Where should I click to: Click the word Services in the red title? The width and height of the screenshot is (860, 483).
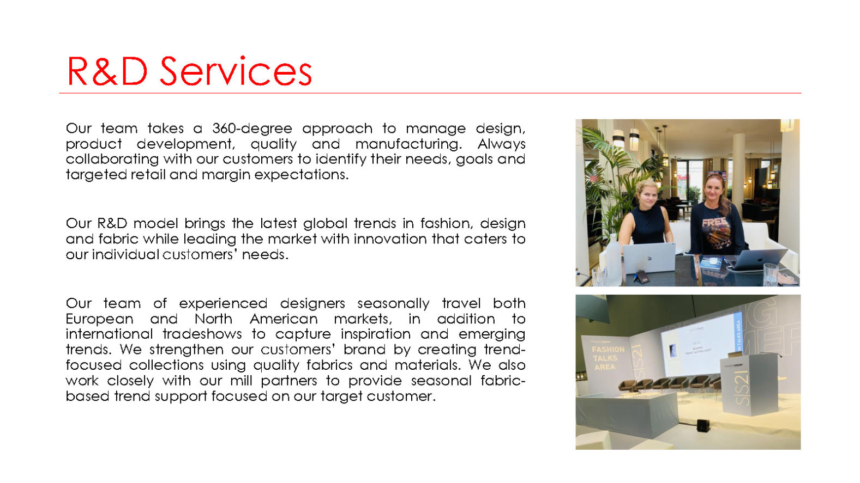point(236,71)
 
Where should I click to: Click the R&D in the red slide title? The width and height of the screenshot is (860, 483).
point(107,71)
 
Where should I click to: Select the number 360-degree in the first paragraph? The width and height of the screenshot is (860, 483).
point(252,129)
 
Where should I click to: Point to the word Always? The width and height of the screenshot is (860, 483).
point(501,144)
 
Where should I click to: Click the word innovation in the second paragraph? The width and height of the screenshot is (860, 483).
point(390,239)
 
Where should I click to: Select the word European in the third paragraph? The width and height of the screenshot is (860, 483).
point(99,319)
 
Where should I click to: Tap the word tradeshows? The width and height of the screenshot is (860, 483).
point(202,334)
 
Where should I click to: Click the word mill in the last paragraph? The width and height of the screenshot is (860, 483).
point(241,381)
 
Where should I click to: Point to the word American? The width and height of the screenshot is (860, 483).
point(284,319)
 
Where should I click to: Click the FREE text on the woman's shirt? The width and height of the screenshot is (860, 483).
point(714,222)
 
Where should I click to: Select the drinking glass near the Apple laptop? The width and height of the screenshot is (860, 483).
point(771,274)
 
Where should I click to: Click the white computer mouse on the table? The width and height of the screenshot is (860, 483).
point(713,261)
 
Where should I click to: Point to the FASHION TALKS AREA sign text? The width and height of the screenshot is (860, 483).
point(608,358)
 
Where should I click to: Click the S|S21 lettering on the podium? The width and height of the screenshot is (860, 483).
point(742,388)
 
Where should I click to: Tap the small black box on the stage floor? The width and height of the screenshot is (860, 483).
point(703,425)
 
